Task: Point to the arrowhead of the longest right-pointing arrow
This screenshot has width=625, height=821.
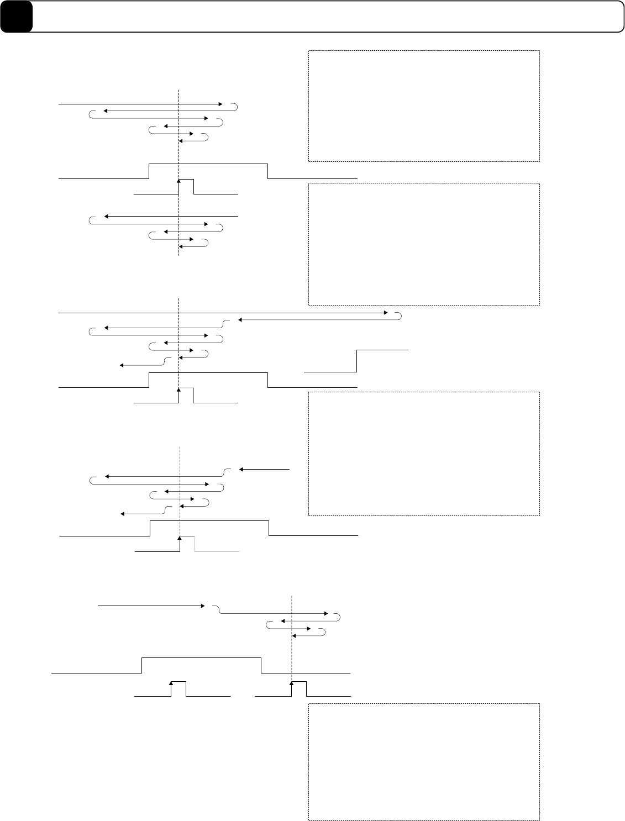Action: [387, 313]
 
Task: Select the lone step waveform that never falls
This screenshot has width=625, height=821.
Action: [357, 361]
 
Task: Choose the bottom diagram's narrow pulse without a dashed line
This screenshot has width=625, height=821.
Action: [178, 683]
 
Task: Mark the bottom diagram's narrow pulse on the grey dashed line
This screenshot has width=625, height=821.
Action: [298, 683]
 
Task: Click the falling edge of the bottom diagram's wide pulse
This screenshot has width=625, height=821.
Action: [261, 666]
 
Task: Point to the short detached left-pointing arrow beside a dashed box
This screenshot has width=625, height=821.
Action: [264, 469]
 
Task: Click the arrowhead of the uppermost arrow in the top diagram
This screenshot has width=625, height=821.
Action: [220, 104]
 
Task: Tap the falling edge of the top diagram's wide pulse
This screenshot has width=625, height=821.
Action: [268, 171]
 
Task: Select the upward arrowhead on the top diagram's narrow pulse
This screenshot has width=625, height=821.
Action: [179, 181]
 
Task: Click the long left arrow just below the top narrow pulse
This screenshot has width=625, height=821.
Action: [171, 216]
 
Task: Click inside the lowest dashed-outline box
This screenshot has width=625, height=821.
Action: [423, 761]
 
